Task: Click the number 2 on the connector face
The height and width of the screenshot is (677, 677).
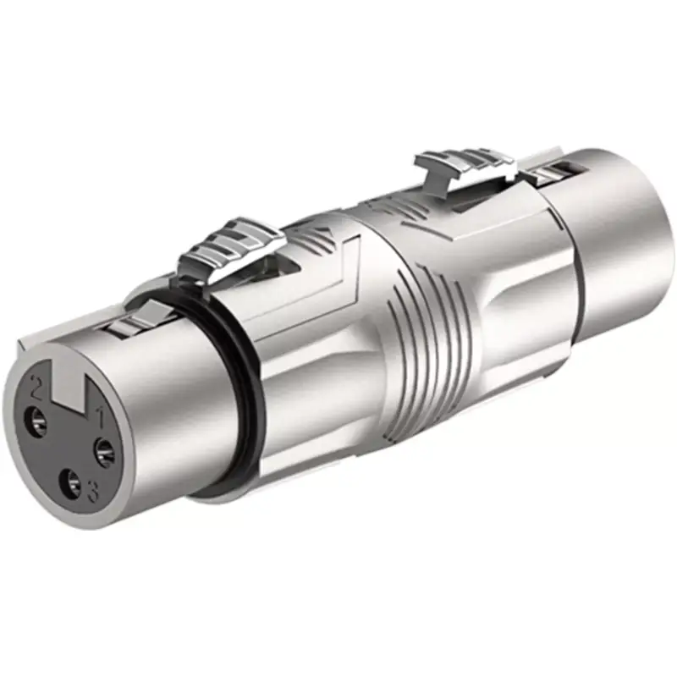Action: pos(36,391)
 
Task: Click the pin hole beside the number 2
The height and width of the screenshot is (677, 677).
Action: pos(38,418)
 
